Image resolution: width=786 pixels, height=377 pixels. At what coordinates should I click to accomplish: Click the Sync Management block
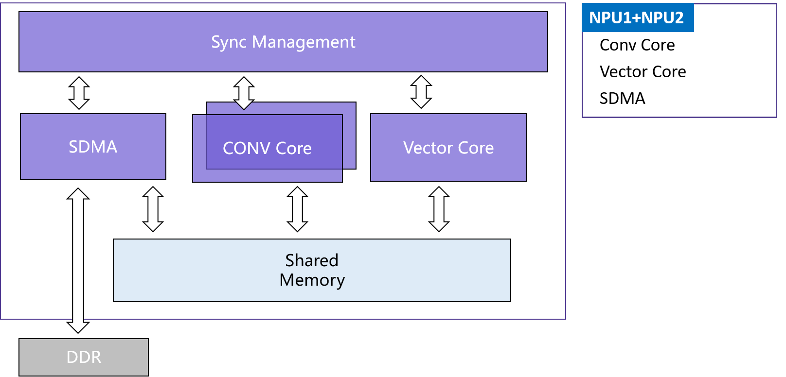(283, 42)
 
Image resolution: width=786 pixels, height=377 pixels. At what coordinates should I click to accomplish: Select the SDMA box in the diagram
(93, 146)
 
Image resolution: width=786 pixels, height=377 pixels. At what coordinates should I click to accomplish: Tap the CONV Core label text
(267, 148)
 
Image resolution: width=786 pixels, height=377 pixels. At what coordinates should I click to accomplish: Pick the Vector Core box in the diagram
(448, 147)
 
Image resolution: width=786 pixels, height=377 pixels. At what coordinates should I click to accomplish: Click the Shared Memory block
(312, 270)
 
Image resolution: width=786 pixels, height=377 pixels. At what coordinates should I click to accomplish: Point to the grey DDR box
(84, 357)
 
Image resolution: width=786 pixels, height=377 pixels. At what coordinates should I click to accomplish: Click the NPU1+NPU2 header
(637, 17)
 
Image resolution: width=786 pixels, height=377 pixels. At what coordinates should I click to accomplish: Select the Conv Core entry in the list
(637, 45)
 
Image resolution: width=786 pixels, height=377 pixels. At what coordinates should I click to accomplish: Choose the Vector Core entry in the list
(643, 71)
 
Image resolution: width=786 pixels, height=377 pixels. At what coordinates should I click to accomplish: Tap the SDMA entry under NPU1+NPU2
(622, 99)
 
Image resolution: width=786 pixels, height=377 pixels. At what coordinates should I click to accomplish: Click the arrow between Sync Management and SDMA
(79, 93)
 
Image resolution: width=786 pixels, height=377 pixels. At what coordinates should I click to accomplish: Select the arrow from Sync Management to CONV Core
(244, 93)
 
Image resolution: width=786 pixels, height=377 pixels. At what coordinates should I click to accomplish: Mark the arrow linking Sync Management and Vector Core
(421, 92)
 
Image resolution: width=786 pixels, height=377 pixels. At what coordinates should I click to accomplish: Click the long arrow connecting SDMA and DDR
(78, 260)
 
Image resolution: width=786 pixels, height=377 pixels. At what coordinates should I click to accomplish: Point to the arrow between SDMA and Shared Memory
(153, 209)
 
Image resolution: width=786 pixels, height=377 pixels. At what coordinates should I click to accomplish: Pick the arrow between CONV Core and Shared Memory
(298, 209)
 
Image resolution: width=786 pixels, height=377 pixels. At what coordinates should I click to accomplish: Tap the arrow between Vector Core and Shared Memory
(439, 209)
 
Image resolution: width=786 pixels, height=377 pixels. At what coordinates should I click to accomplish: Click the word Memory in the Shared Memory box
(312, 280)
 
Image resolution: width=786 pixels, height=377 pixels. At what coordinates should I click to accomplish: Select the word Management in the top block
(304, 43)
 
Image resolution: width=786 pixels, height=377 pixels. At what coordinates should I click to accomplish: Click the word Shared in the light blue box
(312, 260)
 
